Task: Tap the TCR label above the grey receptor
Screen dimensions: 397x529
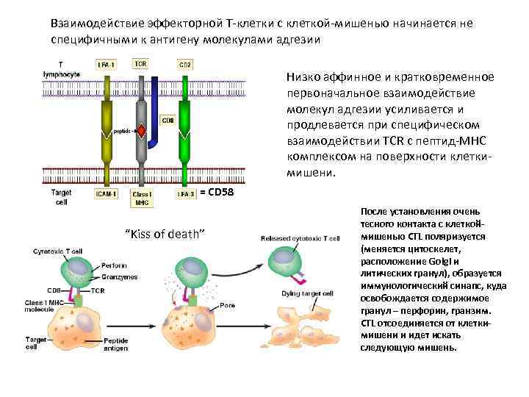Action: (140, 64)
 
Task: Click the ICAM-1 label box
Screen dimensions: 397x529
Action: (107, 194)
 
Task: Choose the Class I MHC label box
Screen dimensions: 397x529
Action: (140, 198)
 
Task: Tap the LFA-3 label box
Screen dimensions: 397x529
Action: (184, 194)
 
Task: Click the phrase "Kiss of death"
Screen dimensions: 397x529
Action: (165, 234)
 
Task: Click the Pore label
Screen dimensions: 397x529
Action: (226, 304)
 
